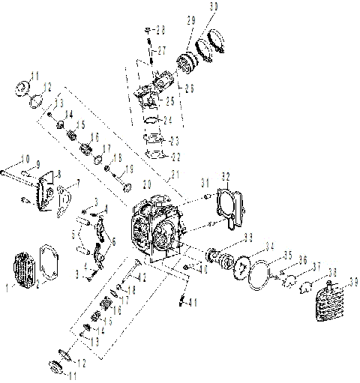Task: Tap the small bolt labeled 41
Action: pyautogui.click(x=182, y=301)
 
